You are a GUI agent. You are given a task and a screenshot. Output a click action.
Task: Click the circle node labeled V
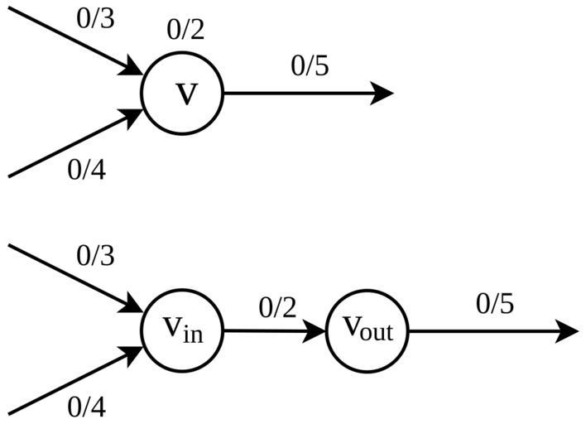[183, 94]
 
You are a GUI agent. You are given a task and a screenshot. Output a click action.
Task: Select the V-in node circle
[183, 330]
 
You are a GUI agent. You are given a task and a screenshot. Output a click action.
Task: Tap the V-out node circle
[367, 330]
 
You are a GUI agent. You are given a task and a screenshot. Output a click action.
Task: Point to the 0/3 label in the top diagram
[95, 19]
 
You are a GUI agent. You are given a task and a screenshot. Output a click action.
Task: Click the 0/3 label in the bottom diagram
[95, 256]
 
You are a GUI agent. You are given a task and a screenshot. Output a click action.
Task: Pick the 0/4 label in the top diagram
[87, 170]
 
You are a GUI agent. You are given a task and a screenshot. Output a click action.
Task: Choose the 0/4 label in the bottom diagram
[87, 407]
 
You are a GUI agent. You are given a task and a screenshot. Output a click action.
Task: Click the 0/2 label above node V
[185, 31]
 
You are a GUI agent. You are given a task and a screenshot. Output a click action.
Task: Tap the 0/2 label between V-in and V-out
[276, 307]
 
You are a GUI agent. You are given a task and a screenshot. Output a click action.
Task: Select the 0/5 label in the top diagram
[310, 66]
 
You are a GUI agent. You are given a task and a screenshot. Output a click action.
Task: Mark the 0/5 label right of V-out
[495, 304]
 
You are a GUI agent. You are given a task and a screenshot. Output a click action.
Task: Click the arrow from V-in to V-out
[273, 331]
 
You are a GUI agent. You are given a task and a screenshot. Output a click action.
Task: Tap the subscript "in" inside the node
[192, 336]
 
